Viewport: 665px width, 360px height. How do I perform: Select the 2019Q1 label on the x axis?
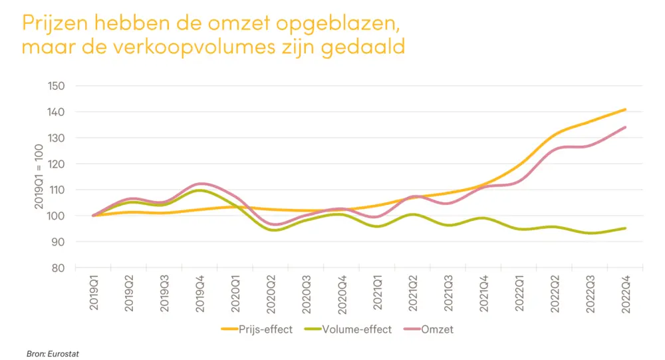click(93, 296)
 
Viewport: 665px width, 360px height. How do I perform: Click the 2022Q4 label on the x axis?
click(626, 296)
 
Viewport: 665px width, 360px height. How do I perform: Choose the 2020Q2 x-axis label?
click(271, 296)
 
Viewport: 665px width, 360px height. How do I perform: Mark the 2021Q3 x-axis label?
click(448, 296)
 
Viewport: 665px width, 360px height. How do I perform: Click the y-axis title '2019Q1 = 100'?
click(38, 176)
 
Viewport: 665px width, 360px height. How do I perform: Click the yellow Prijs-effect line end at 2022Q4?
click(626, 109)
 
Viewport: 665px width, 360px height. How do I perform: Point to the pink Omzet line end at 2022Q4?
click(626, 127)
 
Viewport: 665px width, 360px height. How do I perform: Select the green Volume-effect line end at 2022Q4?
click(626, 228)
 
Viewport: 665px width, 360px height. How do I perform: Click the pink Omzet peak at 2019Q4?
click(200, 184)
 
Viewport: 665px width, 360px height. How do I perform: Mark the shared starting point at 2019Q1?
click(93, 216)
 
